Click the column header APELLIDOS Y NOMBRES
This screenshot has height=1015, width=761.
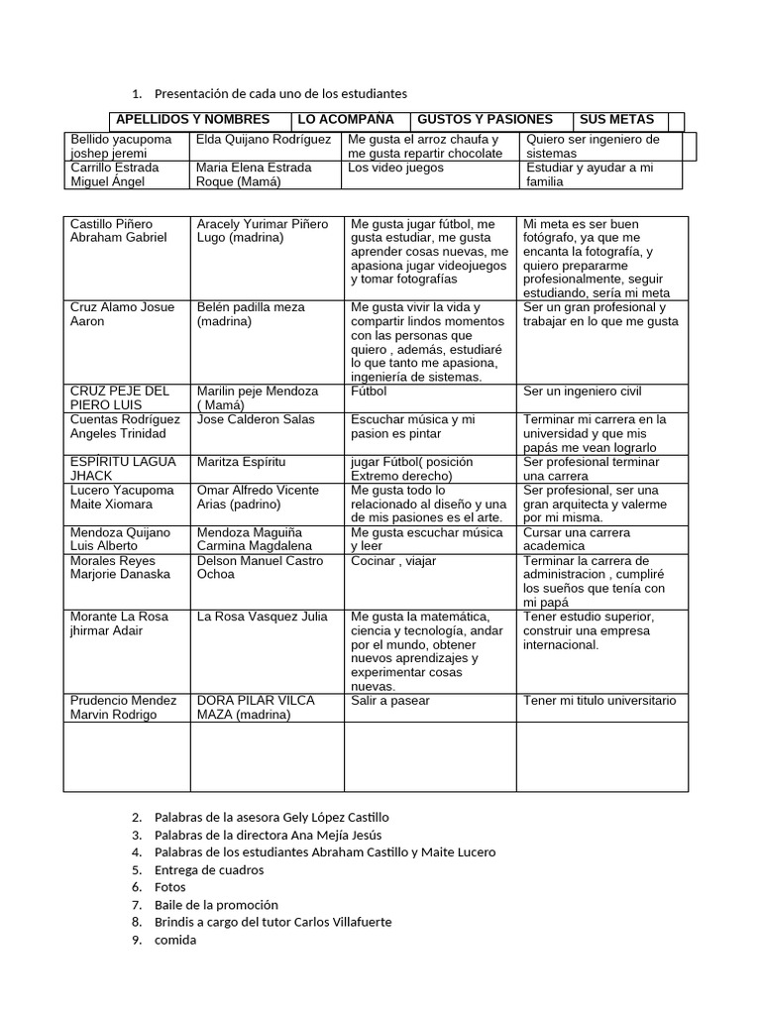[192, 120]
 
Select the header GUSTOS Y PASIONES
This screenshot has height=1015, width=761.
[486, 120]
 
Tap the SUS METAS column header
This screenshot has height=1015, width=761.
[616, 120]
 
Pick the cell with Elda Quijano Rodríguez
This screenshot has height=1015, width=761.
[264, 140]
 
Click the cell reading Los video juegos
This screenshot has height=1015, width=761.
[396, 168]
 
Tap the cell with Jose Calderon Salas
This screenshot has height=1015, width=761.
[255, 419]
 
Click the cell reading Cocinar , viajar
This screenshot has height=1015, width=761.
[393, 561]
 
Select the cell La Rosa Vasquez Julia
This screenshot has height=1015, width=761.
[262, 617]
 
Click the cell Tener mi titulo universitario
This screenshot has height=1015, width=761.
[599, 701]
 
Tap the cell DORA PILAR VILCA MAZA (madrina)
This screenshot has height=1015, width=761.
[257, 708]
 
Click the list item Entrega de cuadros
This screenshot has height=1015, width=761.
[209, 869]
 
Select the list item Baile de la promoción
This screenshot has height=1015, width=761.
[216, 904]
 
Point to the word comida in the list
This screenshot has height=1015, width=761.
[175, 940]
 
